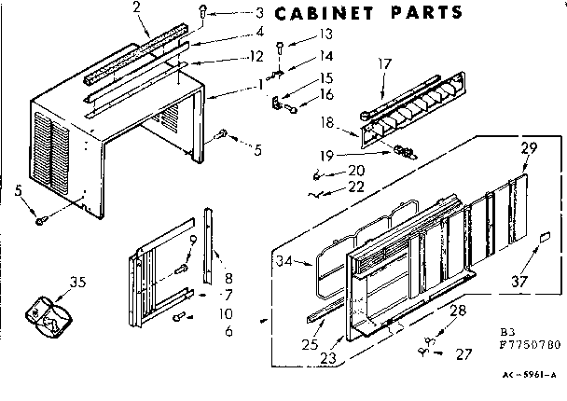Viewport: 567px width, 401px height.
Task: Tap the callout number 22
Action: coord(353,187)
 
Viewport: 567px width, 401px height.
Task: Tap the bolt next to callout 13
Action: coord(279,46)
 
